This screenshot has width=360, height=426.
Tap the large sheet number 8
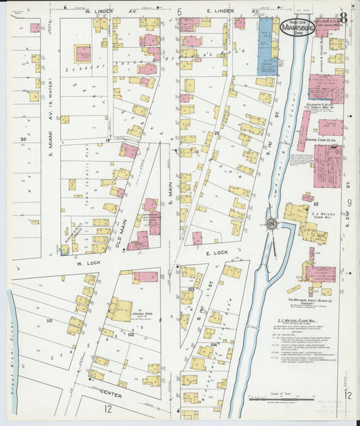(x=343, y=18)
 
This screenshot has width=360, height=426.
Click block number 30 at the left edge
(x=23, y=140)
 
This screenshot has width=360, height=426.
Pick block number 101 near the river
(x=49, y=321)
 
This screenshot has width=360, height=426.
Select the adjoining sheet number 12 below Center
(x=107, y=409)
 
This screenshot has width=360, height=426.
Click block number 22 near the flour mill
(x=315, y=202)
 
